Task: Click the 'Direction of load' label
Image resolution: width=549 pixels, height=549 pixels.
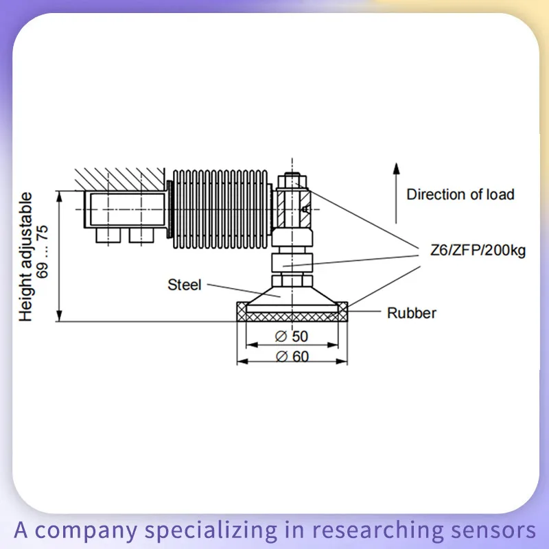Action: tap(460, 194)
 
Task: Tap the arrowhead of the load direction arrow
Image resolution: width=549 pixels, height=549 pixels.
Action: tap(396, 168)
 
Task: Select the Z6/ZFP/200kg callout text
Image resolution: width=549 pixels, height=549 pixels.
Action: tap(478, 250)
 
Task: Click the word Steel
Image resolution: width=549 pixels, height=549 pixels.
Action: tap(185, 285)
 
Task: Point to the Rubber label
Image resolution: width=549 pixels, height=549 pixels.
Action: tap(412, 313)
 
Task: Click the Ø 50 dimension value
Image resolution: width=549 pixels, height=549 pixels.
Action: tap(292, 336)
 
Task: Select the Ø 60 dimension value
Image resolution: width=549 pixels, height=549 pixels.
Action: tap(292, 357)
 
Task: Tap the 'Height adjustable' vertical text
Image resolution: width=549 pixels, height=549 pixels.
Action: tap(25, 257)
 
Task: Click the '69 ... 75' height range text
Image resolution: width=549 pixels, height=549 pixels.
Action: tap(43, 252)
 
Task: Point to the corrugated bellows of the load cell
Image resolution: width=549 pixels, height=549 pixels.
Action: tap(220, 209)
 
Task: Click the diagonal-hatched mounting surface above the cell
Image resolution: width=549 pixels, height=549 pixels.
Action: tap(119, 179)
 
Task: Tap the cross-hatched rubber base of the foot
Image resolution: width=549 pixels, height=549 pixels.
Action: tap(292, 316)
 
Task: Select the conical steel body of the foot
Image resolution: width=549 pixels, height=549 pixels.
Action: tap(292, 296)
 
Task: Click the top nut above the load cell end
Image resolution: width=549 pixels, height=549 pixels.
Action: tap(292, 181)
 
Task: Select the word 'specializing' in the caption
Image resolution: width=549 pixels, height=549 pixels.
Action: tap(211, 530)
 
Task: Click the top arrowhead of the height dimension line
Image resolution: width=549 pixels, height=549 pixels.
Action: tap(60, 196)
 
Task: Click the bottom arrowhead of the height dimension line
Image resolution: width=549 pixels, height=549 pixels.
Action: tap(60, 316)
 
